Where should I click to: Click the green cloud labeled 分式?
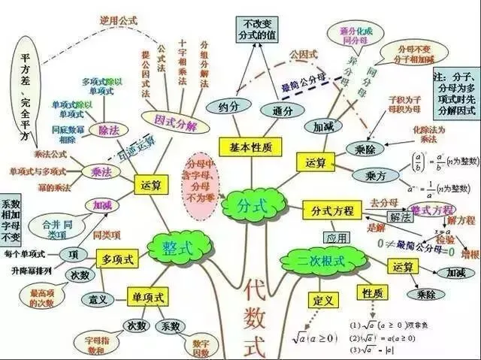coord(249,204)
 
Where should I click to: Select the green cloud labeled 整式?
coord(174,245)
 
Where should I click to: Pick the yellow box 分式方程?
coord(328,210)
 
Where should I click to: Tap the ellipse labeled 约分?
coord(225,105)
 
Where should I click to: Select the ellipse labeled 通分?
coord(277,110)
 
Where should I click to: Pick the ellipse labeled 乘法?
coord(97,172)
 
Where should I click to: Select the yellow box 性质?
coord(374,292)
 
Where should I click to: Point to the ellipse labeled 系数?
coord(170,326)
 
